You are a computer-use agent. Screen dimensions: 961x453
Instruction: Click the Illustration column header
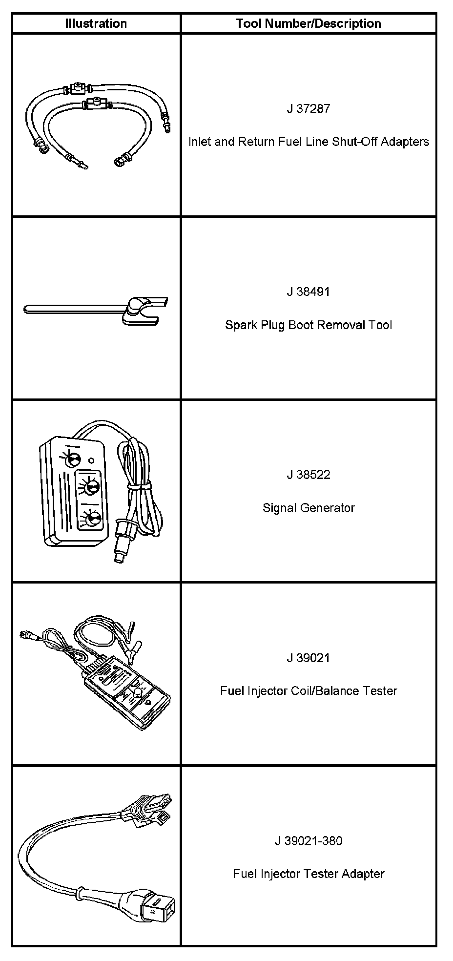coord(96,23)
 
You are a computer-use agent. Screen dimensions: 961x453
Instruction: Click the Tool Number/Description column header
coord(309,23)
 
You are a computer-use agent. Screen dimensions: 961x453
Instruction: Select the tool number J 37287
coord(309,108)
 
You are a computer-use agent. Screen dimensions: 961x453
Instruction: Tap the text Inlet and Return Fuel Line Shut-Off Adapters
coord(309,142)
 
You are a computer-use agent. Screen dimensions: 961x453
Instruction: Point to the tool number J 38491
coord(309,292)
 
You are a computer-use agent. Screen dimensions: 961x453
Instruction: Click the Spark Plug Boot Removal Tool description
coord(309,325)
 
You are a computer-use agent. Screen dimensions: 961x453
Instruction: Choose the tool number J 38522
coord(309,475)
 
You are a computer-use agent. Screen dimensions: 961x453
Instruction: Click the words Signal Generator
coord(309,508)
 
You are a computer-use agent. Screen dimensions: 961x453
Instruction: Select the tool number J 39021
coord(309,658)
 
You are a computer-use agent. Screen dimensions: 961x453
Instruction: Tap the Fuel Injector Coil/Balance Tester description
coord(309,691)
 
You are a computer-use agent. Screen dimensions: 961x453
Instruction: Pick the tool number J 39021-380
coord(309,841)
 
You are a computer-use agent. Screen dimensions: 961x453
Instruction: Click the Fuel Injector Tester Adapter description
coord(309,874)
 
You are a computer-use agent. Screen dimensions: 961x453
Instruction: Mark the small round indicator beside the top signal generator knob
coord(92,460)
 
